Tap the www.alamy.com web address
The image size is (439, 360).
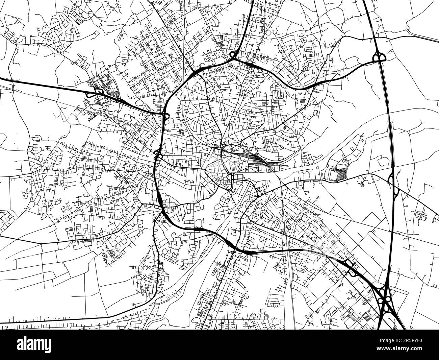(405, 351)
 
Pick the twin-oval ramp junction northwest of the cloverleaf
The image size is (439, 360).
(348, 264)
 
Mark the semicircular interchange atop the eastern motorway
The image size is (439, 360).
(379, 56)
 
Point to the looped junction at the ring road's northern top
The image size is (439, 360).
(233, 55)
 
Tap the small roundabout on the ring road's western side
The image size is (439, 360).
(158, 155)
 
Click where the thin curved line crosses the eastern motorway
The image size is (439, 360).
(389, 115)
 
